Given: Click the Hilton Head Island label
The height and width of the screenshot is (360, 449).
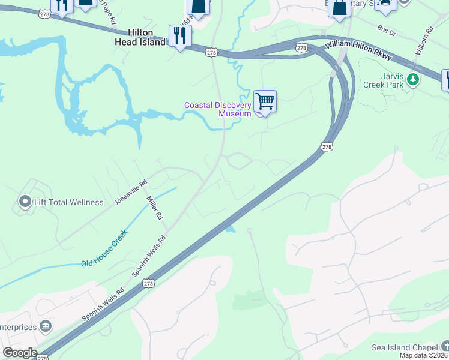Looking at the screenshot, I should coord(140,37).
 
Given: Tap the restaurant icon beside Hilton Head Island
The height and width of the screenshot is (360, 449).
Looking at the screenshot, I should coord(180,36).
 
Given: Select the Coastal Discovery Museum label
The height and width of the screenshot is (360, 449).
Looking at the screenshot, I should coord(217,109).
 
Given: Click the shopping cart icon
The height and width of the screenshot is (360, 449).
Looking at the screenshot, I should coord(265,101).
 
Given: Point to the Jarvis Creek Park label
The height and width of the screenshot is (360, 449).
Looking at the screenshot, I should coord(383,80).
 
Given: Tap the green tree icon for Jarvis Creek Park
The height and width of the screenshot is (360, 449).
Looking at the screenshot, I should coord(412,79).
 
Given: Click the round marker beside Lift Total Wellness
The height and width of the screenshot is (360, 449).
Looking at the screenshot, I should coord(25,202).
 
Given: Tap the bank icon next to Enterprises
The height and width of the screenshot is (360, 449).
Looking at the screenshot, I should coord(46,326).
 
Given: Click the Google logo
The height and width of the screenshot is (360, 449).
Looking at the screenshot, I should coord(20,353).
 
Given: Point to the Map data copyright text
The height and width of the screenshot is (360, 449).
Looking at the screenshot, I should coord(424,355).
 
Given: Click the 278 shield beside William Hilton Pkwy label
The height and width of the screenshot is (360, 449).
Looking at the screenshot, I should coord(301,47).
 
